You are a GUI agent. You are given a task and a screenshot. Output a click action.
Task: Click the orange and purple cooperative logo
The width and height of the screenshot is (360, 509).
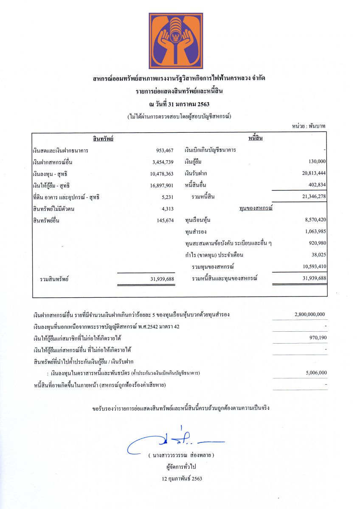[176, 41]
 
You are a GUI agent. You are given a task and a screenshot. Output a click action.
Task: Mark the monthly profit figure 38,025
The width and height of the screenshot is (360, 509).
[318, 255]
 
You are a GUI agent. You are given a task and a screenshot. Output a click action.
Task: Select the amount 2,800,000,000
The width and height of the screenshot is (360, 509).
[309, 314]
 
